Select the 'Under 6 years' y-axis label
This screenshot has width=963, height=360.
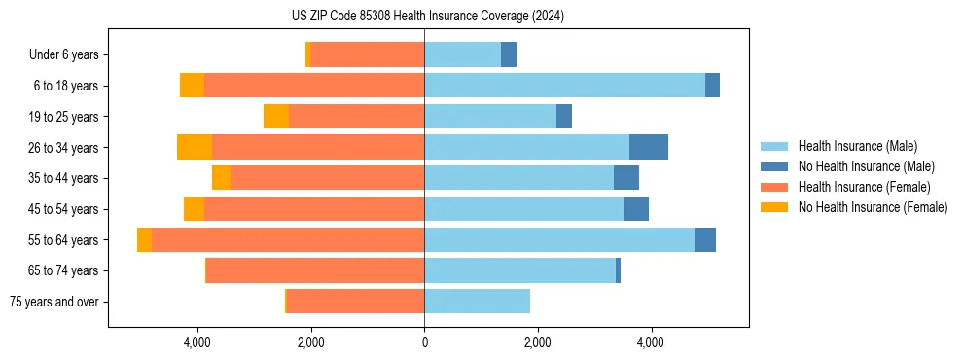click(64, 55)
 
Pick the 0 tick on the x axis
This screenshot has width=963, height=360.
click(424, 342)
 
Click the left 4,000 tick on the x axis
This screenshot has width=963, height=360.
click(197, 342)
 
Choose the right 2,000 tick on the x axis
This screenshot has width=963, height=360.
click(537, 342)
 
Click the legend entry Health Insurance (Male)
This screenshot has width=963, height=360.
click(857, 146)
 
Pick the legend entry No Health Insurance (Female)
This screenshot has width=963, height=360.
click(873, 207)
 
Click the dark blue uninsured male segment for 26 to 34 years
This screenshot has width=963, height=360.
click(649, 147)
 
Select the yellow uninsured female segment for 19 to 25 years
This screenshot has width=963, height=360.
click(276, 117)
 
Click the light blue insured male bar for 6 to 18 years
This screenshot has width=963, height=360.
click(564, 86)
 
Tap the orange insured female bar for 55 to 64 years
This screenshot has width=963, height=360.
click(288, 240)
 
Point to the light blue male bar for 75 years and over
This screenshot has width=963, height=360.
click(477, 302)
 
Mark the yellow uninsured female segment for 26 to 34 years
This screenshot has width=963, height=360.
click(195, 147)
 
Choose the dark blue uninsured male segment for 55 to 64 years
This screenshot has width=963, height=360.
click(705, 240)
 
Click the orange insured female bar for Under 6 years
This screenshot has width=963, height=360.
click(367, 55)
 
